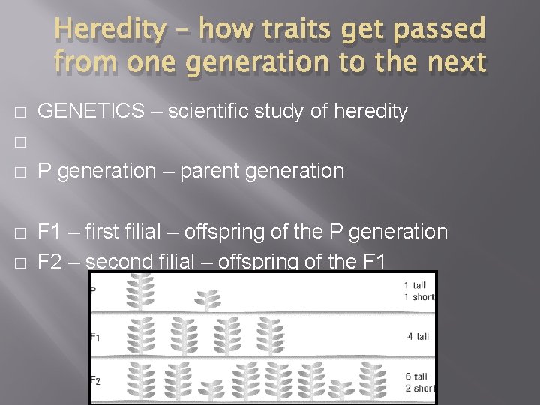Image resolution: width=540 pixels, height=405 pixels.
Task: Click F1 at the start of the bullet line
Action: click(x=49, y=232)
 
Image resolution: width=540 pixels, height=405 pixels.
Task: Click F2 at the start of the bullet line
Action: click(x=49, y=261)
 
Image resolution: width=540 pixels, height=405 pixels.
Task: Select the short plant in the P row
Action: click(x=209, y=301)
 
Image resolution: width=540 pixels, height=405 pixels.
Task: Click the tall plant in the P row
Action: click(x=139, y=292)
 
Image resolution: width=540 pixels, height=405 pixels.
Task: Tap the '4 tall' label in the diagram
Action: click(x=418, y=336)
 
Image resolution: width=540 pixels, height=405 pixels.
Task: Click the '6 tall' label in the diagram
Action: click(x=415, y=376)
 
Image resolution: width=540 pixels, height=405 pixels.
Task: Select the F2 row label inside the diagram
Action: click(x=96, y=380)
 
